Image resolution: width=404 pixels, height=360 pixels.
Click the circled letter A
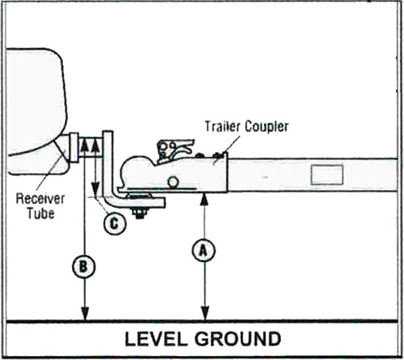coord(204,251)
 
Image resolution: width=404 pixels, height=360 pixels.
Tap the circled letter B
coord(84,267)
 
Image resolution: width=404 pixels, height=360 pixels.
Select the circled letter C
coord(115,223)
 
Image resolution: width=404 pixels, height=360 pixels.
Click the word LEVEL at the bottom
coord(156,339)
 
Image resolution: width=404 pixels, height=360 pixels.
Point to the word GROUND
coord(238,339)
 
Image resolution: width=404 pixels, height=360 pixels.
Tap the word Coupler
coord(267,127)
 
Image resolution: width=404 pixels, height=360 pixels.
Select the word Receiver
coord(40,198)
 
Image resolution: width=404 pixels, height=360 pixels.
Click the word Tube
coord(40,213)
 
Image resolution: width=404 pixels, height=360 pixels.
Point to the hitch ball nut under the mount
coord(139,212)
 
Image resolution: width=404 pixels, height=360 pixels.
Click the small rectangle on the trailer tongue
coord(327,175)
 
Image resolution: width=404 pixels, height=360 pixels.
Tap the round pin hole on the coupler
coord(173,181)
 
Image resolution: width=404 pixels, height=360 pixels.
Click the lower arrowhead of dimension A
coord(205,313)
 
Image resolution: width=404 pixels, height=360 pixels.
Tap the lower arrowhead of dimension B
coord(85,313)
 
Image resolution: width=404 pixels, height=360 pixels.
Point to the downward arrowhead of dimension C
coord(95,188)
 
